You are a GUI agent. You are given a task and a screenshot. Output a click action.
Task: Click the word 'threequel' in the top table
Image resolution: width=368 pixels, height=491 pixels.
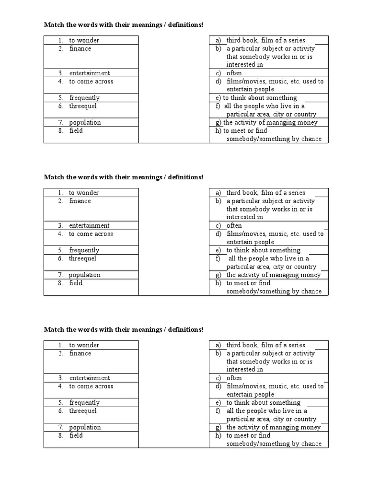click(82, 106)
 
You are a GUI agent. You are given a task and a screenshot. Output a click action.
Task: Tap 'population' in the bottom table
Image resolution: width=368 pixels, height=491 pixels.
click(85, 427)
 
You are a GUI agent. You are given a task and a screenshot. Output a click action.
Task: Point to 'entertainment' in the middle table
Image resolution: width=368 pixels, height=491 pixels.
click(89, 225)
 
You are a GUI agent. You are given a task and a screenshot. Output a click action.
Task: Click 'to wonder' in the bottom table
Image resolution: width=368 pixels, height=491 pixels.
click(84, 345)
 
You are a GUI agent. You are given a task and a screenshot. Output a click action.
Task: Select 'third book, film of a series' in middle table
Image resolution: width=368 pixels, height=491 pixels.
click(265, 193)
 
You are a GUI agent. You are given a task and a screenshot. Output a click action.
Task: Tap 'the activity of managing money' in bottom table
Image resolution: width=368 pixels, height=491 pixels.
click(273, 427)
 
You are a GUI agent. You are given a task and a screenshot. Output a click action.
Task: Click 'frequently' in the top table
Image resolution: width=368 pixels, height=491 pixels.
click(84, 98)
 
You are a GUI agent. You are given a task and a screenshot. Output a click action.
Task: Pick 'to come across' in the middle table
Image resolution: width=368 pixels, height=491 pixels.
click(91, 234)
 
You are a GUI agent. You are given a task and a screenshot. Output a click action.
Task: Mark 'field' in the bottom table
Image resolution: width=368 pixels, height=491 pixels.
click(76, 435)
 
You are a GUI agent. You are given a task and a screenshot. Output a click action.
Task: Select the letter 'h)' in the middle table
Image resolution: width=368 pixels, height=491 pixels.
click(218, 283)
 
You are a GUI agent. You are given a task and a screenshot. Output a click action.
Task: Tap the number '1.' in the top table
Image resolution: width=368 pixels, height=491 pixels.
click(61, 40)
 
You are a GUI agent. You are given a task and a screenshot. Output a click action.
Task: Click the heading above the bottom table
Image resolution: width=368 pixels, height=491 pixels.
click(123, 329)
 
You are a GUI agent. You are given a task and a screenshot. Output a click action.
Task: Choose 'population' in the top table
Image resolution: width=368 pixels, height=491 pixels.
click(85, 122)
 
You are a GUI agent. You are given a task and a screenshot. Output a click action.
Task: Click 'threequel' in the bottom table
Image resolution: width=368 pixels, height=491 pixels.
click(82, 411)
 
